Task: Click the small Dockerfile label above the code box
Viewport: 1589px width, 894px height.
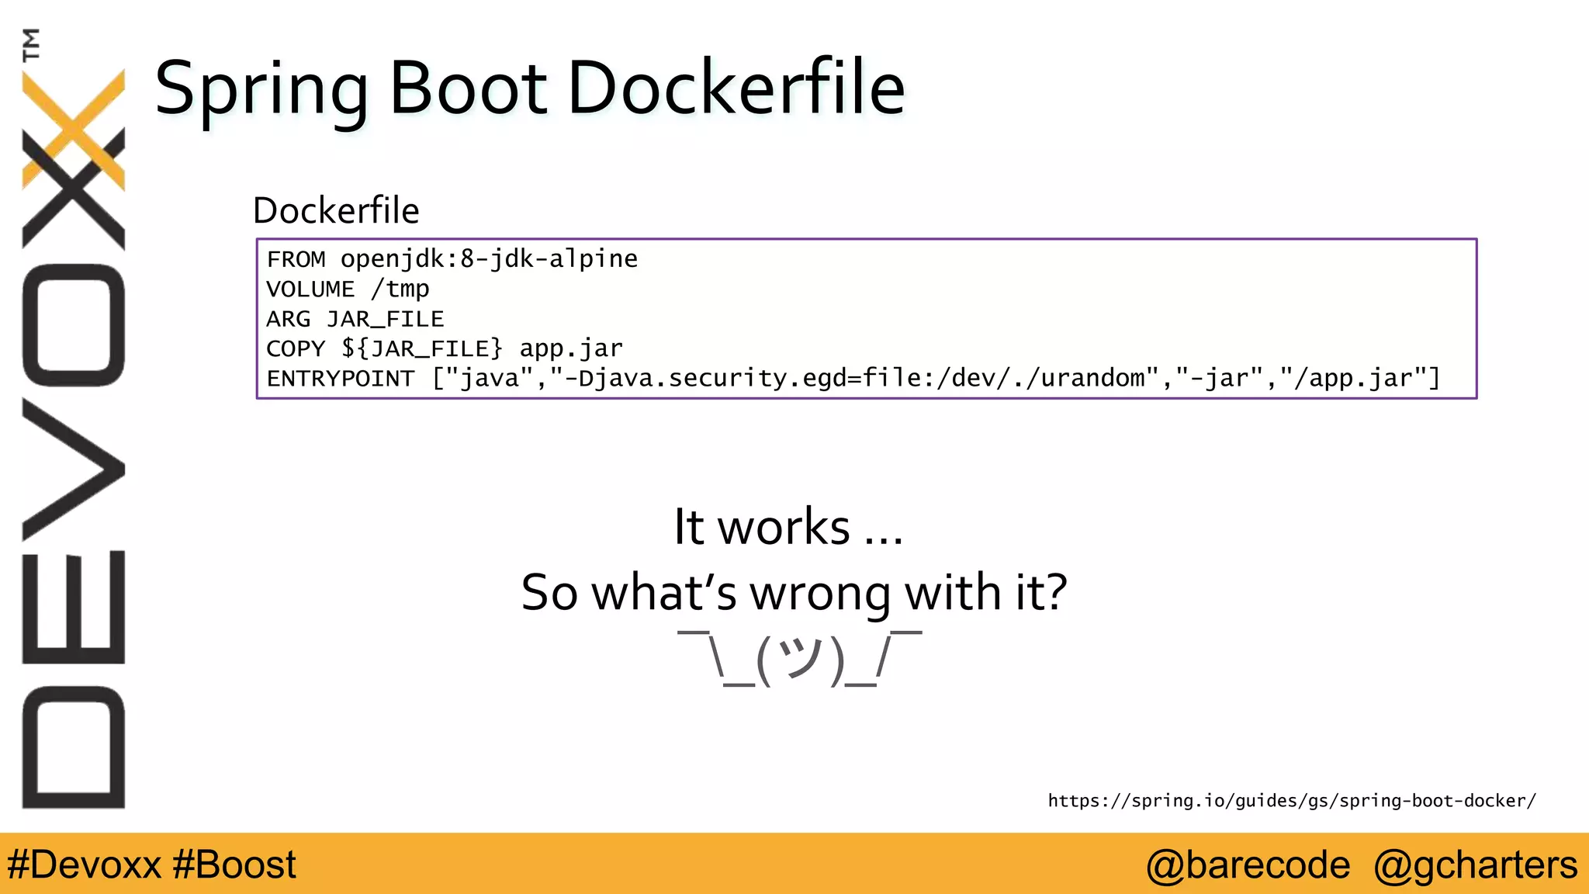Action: coord(336,210)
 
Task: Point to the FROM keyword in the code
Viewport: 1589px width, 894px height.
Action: coord(296,258)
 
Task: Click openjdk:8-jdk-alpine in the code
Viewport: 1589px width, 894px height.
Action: coord(489,258)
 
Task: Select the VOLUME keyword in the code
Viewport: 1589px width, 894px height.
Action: coord(310,289)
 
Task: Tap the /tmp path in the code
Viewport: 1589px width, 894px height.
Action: coord(400,289)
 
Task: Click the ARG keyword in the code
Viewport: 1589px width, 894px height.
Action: coord(288,319)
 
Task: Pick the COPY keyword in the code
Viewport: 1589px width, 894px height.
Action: coord(295,348)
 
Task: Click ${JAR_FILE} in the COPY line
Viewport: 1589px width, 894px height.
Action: coord(422,348)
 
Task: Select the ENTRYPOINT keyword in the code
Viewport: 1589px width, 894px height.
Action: coord(341,379)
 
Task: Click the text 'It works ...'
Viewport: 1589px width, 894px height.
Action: coord(788,527)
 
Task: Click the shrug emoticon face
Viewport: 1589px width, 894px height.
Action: coord(799,659)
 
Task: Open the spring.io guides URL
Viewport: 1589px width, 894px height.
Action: coord(1292,801)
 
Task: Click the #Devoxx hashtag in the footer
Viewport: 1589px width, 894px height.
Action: coord(84,865)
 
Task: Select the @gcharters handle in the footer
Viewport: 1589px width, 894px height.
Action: coord(1475,865)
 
